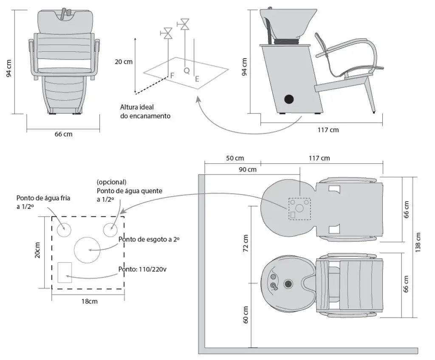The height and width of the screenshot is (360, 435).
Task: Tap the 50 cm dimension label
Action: pyautogui.click(x=235, y=158)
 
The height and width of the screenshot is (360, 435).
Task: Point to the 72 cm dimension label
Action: pyautogui.click(x=246, y=242)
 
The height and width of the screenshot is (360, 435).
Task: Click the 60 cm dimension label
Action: pyautogui.click(x=246, y=315)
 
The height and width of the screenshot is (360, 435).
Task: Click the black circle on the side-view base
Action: pyautogui.click(x=289, y=99)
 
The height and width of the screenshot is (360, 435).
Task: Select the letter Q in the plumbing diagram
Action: pyautogui.click(x=186, y=71)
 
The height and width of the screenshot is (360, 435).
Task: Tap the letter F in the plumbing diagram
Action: pyautogui.click(x=172, y=76)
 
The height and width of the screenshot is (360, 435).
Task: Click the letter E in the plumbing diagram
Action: pyautogui.click(x=196, y=79)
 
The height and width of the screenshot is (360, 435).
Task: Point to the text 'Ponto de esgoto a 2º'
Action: pyautogui.click(x=149, y=239)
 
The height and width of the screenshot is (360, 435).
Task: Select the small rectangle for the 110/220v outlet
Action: pyautogui.click(x=65, y=272)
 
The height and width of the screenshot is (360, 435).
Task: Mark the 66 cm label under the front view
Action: pyautogui.click(x=63, y=134)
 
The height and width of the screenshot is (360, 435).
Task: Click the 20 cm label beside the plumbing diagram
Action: pyautogui.click(x=124, y=62)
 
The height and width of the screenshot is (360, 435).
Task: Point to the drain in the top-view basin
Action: pyautogui.click(x=289, y=283)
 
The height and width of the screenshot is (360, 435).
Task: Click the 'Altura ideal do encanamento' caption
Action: pyautogui.click(x=145, y=111)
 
